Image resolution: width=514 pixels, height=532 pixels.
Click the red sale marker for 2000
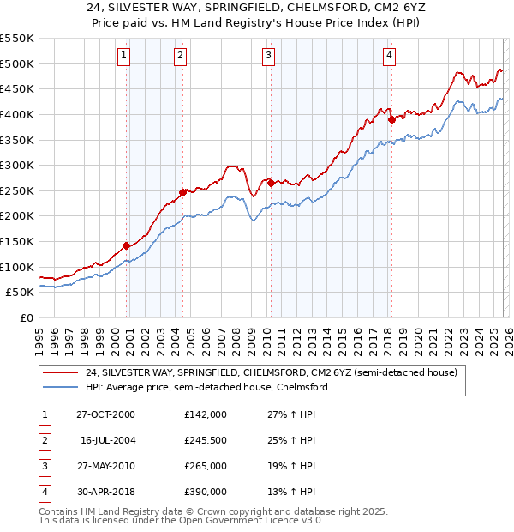coord(127,245)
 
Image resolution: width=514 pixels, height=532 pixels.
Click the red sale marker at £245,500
coord(182,192)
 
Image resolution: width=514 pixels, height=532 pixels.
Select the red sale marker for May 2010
coord(271,183)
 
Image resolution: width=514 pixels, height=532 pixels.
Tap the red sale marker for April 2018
coord(391,119)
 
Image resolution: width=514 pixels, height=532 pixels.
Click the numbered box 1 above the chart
coord(124,57)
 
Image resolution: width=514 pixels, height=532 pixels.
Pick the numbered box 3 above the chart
coord(268,57)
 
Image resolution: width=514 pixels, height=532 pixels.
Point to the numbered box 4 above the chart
coord(389,57)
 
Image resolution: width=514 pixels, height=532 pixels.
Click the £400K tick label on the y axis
coord(17,114)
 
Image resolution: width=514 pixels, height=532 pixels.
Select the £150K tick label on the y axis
coord(17,241)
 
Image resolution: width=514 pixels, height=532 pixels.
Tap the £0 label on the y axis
coord(26,317)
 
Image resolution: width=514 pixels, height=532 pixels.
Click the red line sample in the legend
coord(61,372)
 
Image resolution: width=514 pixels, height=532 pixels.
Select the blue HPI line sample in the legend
coord(61,387)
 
